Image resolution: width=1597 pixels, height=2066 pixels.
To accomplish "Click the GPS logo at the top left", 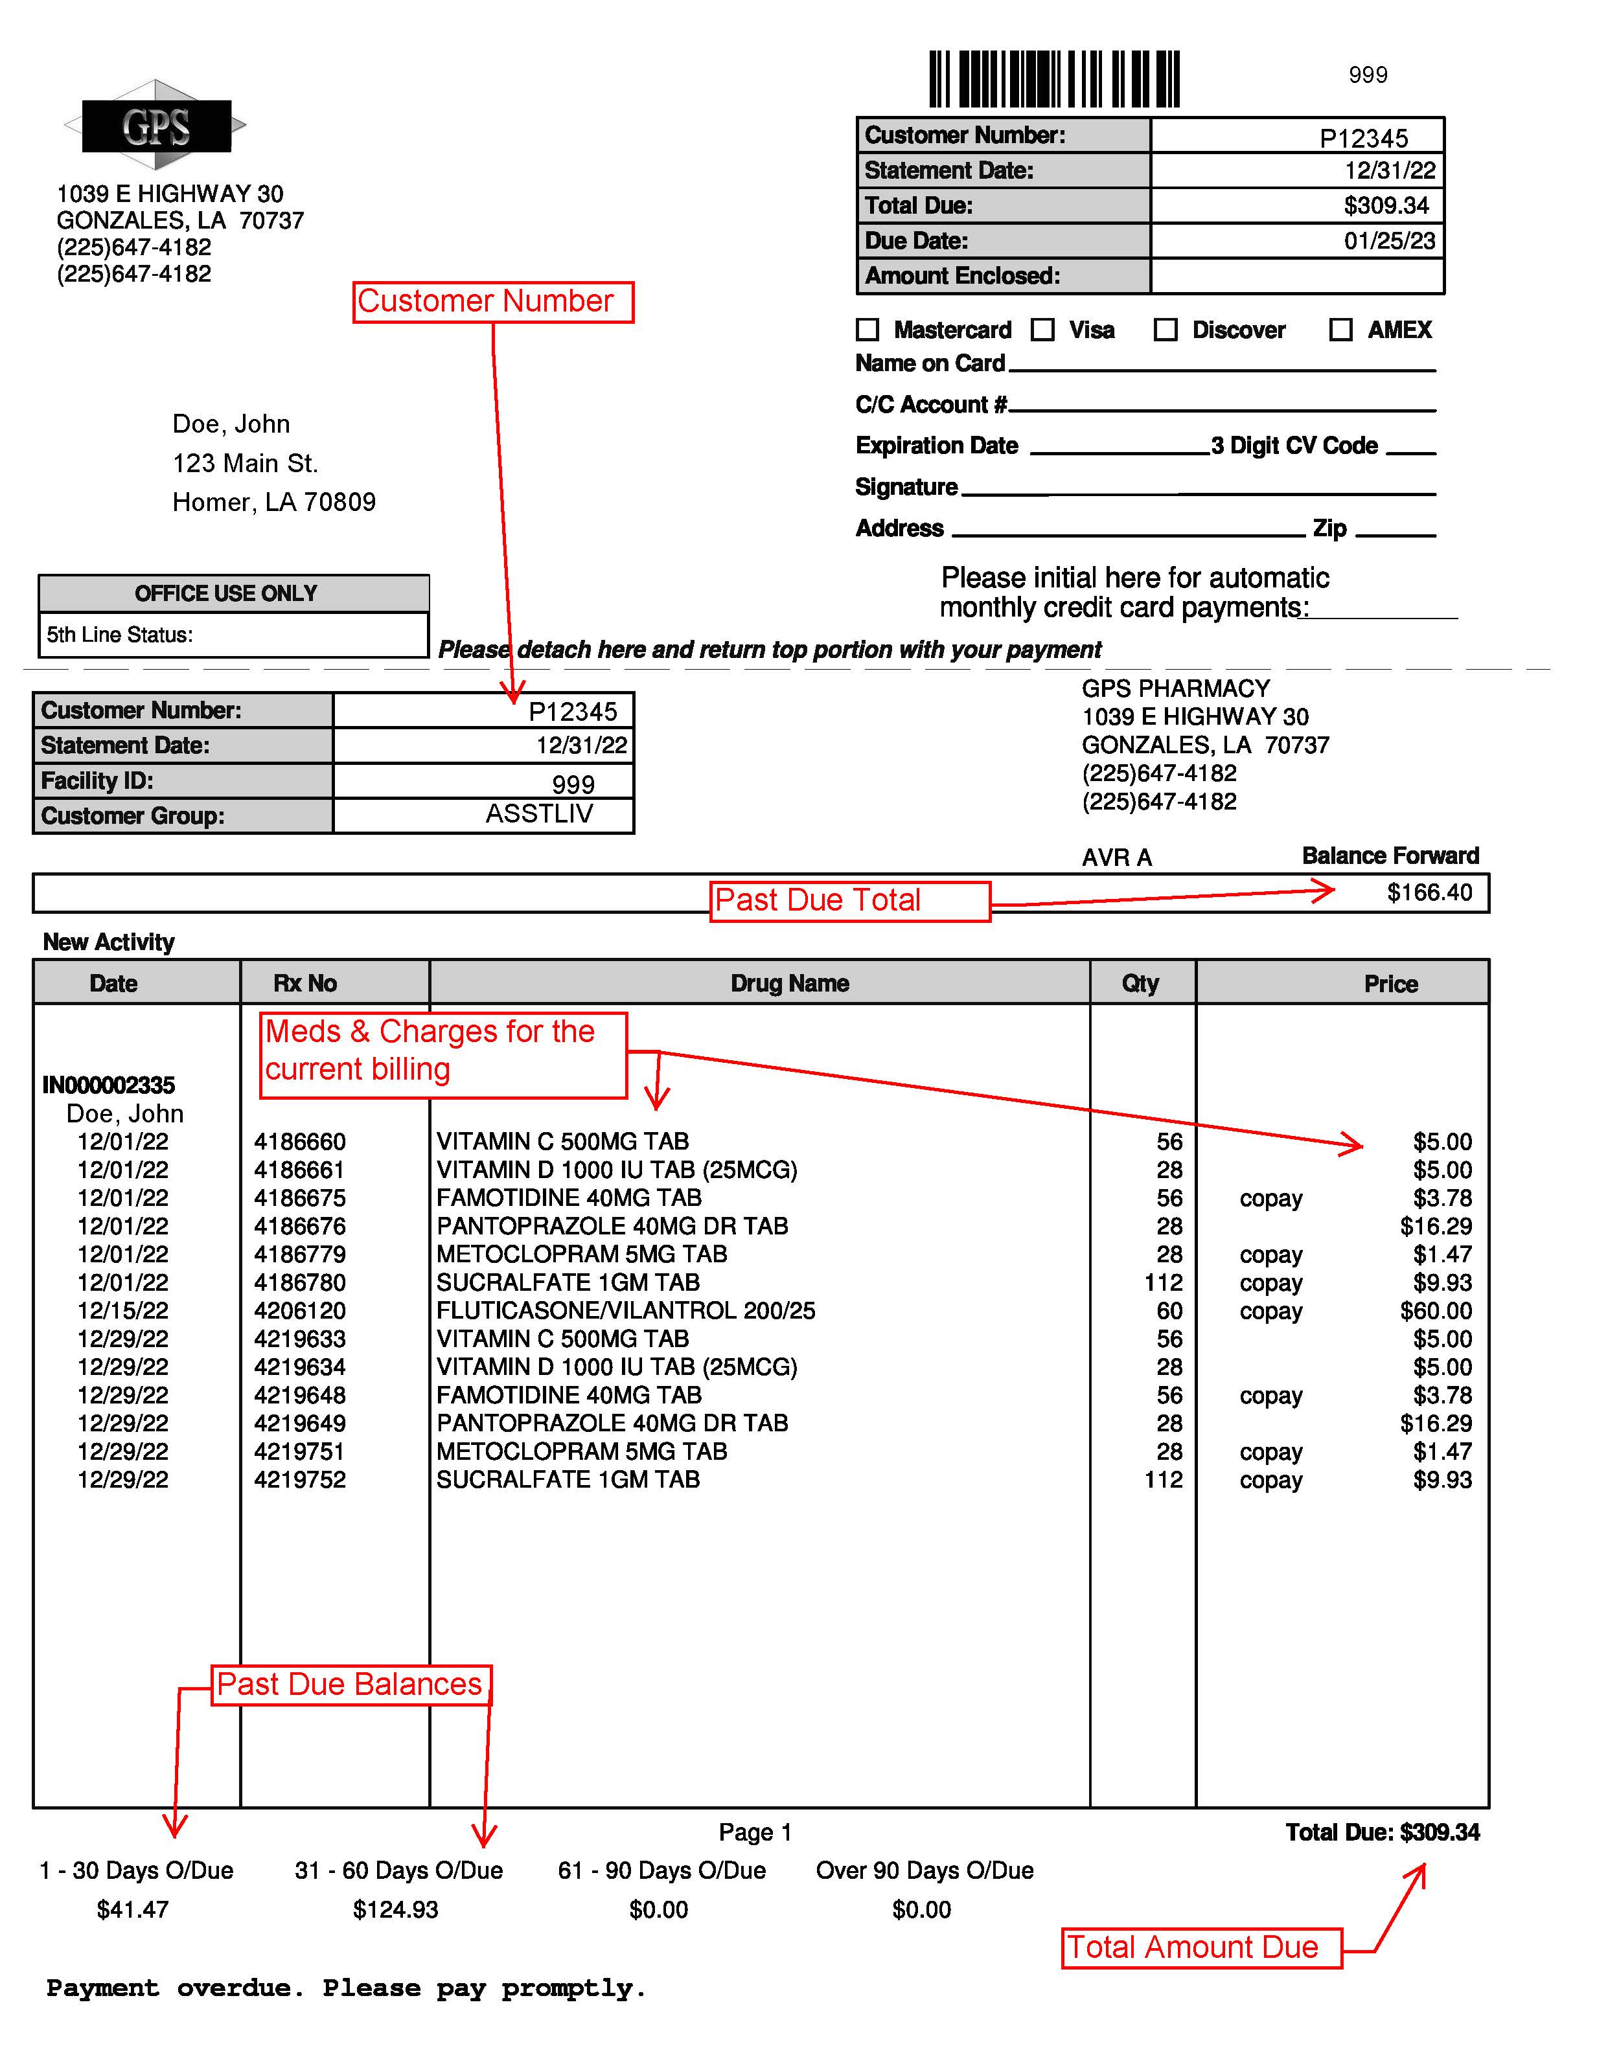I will [x=156, y=126].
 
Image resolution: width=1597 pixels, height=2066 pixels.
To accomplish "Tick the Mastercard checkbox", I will [x=867, y=329].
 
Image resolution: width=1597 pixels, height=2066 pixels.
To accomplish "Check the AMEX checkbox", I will [x=1340, y=329].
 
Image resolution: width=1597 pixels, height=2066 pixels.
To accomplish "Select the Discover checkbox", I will [x=1165, y=329].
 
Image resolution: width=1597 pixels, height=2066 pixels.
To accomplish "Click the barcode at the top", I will [x=1054, y=78].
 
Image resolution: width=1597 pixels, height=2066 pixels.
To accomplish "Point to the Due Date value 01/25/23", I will [x=1389, y=240].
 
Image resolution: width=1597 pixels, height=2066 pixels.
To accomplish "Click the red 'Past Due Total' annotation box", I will [x=849, y=901].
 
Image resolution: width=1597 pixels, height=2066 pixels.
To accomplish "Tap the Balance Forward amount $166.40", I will [x=1429, y=892].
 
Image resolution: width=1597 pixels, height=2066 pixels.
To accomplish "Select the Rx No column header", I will [x=304, y=983].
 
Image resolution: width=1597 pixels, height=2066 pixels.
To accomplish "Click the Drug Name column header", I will [x=789, y=983].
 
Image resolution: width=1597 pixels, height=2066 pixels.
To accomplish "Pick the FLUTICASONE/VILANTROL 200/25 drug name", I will [x=625, y=1310].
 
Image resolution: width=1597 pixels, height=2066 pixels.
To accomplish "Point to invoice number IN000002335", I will [x=109, y=1085].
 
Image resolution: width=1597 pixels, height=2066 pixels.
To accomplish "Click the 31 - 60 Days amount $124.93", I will [x=395, y=1909].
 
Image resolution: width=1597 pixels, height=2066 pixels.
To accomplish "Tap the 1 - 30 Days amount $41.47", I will [x=132, y=1909].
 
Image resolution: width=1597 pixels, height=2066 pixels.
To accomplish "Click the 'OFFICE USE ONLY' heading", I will [x=225, y=593].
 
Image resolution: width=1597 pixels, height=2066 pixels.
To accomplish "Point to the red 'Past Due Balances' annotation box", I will [x=350, y=1685].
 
